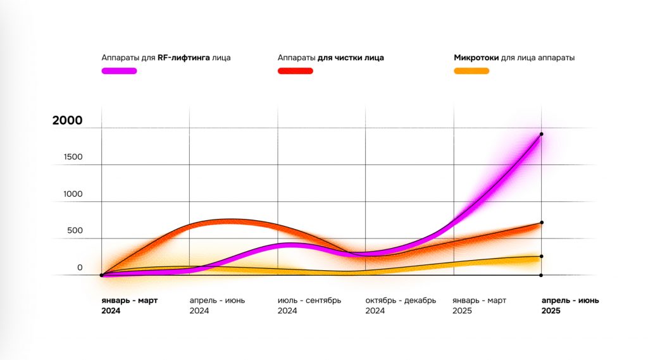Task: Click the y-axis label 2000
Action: click(x=67, y=121)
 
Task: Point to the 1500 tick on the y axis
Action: click(x=73, y=157)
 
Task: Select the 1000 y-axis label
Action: click(x=73, y=194)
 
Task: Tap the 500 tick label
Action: click(x=75, y=230)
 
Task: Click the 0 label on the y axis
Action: click(x=80, y=268)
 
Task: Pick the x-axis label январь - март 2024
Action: click(x=130, y=306)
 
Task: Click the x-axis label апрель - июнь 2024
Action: click(x=218, y=306)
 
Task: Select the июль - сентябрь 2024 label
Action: click(x=309, y=306)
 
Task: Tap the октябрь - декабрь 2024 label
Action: click(x=401, y=306)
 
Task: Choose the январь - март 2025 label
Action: click(x=480, y=306)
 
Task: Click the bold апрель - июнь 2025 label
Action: click(x=570, y=306)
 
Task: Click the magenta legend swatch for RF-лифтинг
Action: click(x=119, y=71)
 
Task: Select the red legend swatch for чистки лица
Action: click(x=296, y=71)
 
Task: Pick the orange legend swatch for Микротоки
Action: click(x=471, y=71)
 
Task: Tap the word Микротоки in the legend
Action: click(x=476, y=58)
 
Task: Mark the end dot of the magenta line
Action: click(x=542, y=134)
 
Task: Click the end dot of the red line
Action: click(x=542, y=222)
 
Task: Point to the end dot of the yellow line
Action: click(x=542, y=256)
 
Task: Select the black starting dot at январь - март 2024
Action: click(x=101, y=275)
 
